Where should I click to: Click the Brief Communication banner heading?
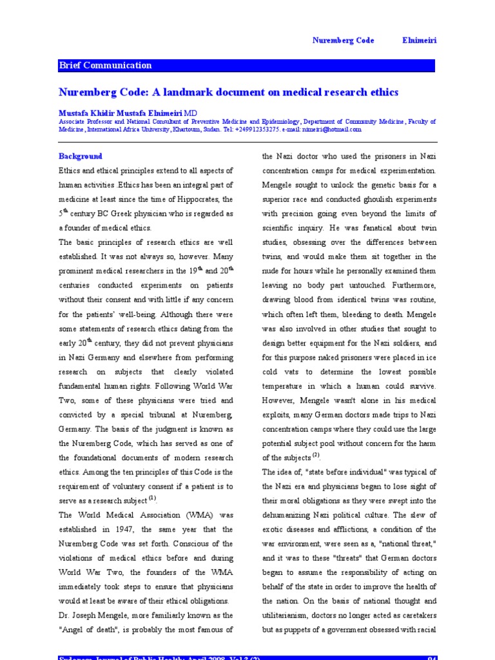click(x=105, y=65)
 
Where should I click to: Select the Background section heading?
click(x=81, y=157)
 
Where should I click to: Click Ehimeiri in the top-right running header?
click(x=419, y=40)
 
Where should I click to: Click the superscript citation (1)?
click(x=152, y=498)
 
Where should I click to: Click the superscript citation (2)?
click(x=316, y=456)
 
